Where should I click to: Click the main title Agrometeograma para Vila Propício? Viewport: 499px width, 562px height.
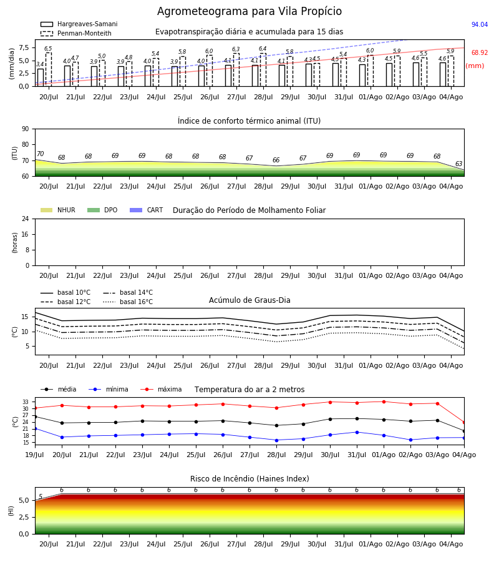(x=249, y=11)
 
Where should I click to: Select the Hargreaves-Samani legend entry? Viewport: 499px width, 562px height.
(x=79, y=24)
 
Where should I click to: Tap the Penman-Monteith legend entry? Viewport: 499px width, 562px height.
(x=76, y=33)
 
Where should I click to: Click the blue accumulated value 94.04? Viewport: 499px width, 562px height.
(x=480, y=24)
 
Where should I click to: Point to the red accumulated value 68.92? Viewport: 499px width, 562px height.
(x=480, y=52)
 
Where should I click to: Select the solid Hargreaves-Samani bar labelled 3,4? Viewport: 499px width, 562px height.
(x=41, y=77)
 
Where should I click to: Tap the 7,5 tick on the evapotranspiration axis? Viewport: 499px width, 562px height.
(x=24, y=47)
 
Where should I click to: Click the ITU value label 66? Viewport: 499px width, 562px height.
(x=276, y=160)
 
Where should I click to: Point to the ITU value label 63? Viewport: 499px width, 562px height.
(x=458, y=164)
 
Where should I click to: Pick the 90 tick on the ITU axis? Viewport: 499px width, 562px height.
(x=26, y=129)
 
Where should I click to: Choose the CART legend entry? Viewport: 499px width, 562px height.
(x=146, y=210)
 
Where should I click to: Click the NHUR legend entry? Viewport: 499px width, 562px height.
(x=57, y=210)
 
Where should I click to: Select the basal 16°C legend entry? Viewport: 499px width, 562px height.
(x=128, y=302)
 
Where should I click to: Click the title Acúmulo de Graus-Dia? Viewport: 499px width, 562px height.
(x=249, y=300)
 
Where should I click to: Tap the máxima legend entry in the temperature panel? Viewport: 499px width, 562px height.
(x=161, y=389)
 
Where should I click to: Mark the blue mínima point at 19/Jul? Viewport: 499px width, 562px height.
(x=35, y=428)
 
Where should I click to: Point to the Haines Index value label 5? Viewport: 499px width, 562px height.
(x=41, y=496)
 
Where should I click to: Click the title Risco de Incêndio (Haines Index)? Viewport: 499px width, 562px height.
(x=249, y=479)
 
